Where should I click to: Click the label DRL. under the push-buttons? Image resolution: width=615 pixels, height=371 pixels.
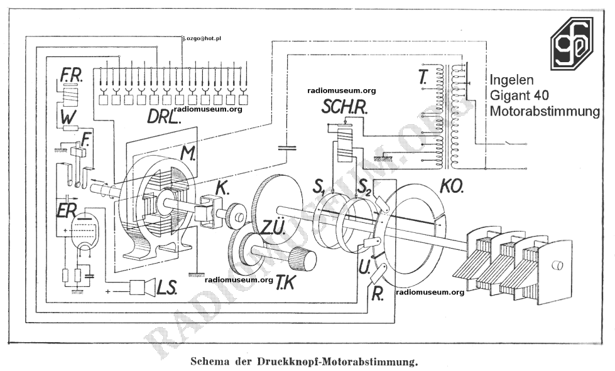click(164, 116)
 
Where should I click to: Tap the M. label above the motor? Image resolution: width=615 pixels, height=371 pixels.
click(188, 154)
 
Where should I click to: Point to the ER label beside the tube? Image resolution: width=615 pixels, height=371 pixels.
click(67, 212)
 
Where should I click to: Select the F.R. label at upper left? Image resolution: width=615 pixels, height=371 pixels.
click(71, 76)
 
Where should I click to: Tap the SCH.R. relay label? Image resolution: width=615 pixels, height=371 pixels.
click(344, 107)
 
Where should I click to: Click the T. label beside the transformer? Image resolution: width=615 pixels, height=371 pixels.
click(422, 77)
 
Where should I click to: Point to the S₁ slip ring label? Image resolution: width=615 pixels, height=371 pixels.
click(320, 187)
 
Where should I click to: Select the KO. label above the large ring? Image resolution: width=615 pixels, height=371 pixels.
click(452, 186)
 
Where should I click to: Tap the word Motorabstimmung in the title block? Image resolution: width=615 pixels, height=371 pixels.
click(545, 111)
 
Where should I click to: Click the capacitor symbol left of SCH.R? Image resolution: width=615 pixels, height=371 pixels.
click(287, 148)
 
